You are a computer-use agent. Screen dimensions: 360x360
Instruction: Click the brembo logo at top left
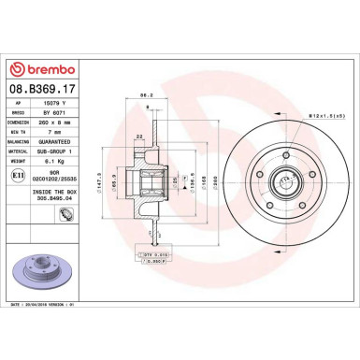pyautogui.click(x=44, y=68)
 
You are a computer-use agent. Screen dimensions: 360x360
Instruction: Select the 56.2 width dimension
pyautogui.click(x=147, y=95)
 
